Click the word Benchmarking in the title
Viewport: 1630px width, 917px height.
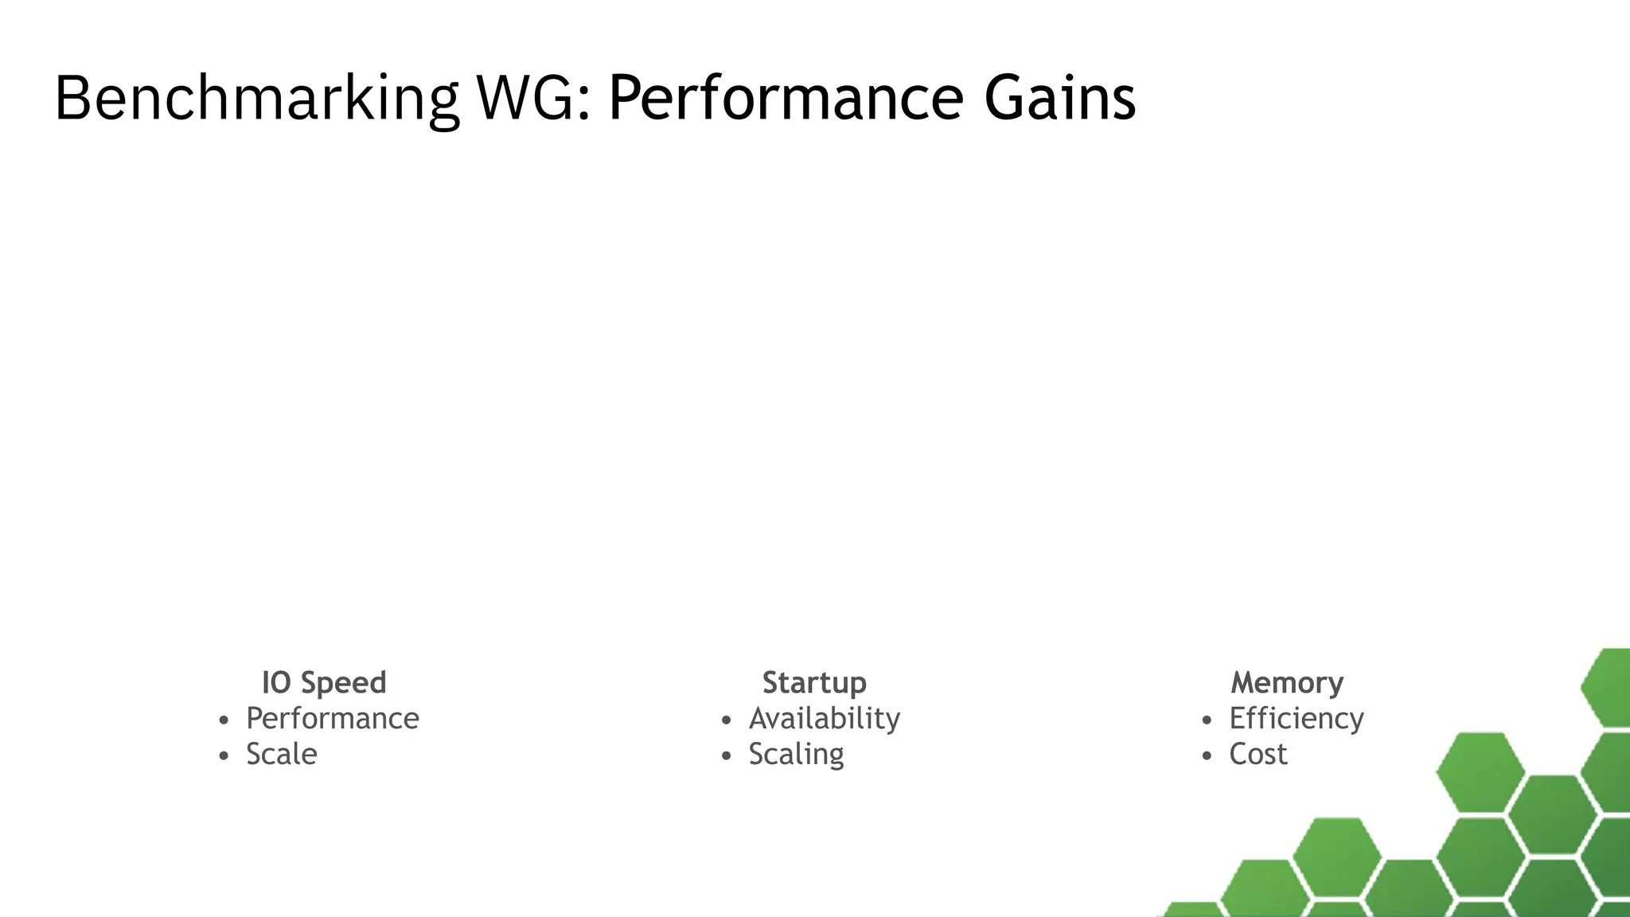256,99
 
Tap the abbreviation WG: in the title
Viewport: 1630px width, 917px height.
533,99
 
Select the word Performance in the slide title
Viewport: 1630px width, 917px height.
786,99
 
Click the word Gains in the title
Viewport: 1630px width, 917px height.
1059,99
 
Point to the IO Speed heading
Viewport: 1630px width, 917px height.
324,683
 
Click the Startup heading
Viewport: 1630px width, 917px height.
814,683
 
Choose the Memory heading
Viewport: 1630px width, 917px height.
1287,683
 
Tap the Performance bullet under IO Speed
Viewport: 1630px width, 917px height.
332,719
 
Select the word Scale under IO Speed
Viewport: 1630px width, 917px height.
281,755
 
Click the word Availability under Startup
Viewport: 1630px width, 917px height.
825,719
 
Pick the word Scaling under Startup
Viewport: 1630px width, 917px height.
796,755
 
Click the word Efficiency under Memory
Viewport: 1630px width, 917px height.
1297,719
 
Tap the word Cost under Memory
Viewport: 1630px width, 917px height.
1258,755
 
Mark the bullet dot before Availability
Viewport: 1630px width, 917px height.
726,721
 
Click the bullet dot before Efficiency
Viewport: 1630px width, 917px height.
1207,721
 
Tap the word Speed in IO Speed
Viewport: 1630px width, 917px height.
344,683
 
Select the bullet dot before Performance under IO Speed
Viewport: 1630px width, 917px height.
224,721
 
